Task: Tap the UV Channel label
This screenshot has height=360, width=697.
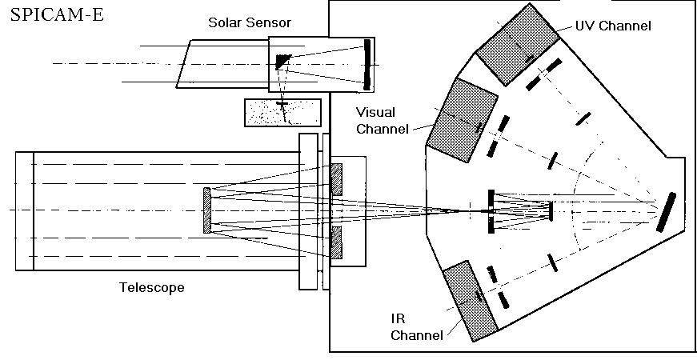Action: pos(613,26)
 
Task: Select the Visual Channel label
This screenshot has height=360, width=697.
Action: pos(387,120)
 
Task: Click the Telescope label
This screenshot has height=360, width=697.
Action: pos(152,287)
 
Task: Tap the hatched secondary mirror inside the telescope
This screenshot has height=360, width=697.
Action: pos(207,211)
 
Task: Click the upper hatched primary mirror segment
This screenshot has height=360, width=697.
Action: pos(336,178)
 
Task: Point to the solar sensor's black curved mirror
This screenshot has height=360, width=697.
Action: pos(367,64)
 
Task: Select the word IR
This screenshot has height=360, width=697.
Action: pos(399,318)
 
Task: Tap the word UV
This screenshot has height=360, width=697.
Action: pos(586,26)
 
